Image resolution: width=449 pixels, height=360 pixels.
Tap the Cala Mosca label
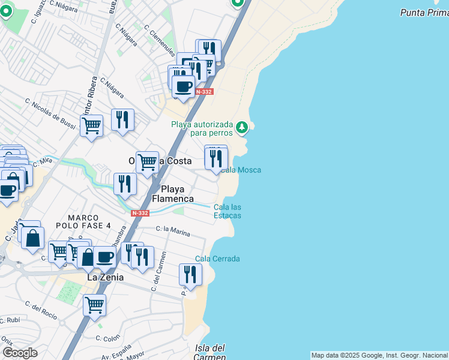pyautogui.click(x=241, y=170)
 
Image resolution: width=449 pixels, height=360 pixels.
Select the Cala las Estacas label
pyautogui.click(x=228, y=211)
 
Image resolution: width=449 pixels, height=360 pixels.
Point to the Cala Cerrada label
pyautogui.click(x=217, y=259)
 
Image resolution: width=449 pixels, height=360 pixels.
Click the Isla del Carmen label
pyautogui.click(x=210, y=352)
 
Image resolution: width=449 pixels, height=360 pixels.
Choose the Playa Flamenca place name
pyautogui.click(x=173, y=193)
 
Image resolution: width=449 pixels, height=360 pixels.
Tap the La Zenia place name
pyautogui.click(x=106, y=277)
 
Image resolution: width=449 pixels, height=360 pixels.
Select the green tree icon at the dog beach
pyautogui.click(x=241, y=127)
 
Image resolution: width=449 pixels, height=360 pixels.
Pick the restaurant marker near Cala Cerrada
pyautogui.click(x=190, y=275)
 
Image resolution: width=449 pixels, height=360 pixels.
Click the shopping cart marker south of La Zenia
pyautogui.click(x=94, y=305)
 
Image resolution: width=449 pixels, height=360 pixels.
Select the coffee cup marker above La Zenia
pyautogui.click(x=104, y=257)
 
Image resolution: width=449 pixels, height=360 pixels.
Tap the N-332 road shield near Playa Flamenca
pyautogui.click(x=140, y=213)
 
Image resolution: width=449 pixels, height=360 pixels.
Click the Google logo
pyautogui.click(x=20, y=352)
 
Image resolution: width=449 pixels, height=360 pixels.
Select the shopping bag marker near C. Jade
pyautogui.click(x=32, y=238)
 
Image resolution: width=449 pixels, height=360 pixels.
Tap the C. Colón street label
pyautogui.click(x=109, y=338)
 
